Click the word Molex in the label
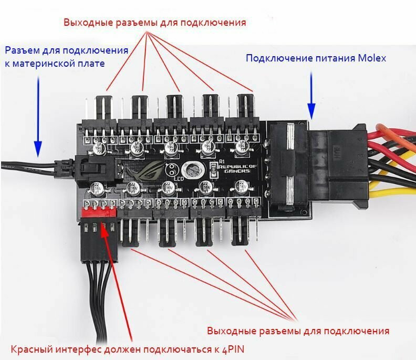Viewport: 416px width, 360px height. coord(372,58)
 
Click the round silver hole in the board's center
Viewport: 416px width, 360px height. coord(191,169)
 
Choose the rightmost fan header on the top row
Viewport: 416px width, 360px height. coord(245,108)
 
